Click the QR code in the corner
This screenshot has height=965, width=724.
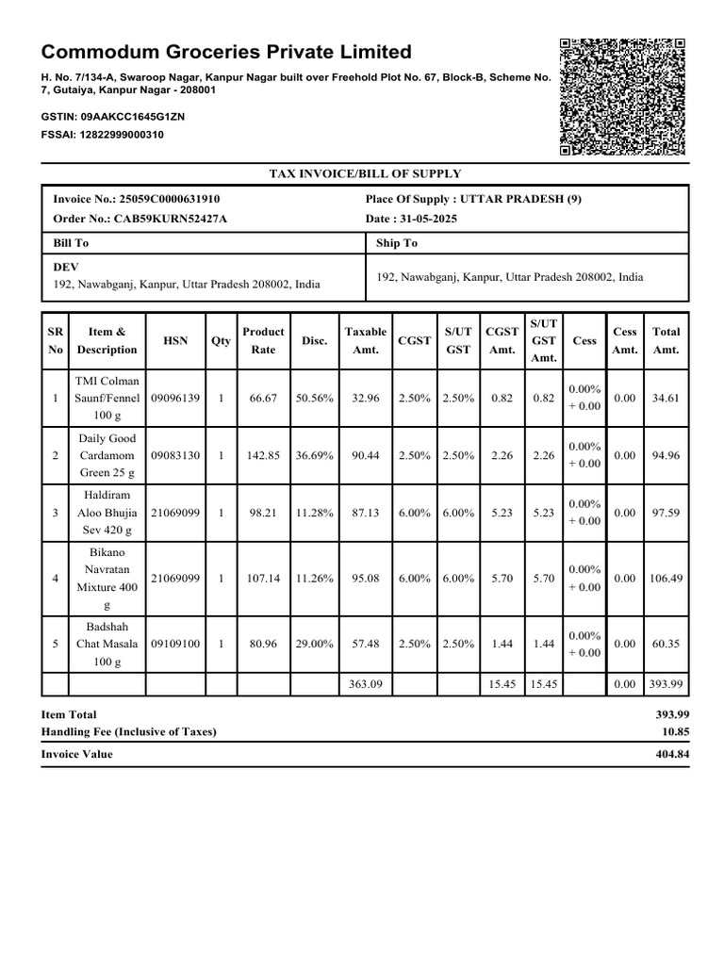pos(621,97)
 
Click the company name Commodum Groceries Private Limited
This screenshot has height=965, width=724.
pos(226,52)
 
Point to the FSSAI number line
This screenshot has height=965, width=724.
pos(103,135)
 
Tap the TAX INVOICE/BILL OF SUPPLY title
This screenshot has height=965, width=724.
pos(365,173)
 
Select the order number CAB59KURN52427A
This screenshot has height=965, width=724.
pos(171,219)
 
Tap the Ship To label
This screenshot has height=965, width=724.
pos(397,243)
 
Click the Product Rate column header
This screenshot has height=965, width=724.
pos(263,340)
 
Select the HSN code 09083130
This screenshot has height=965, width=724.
pos(175,456)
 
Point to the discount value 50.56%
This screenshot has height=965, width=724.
pos(314,399)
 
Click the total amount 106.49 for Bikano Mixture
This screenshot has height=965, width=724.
pos(666,579)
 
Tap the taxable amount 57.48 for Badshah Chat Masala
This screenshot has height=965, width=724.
pos(365,645)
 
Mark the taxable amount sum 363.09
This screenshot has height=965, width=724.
pos(365,684)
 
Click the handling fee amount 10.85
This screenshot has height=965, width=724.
pos(675,732)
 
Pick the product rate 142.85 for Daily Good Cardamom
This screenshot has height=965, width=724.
pos(263,456)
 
